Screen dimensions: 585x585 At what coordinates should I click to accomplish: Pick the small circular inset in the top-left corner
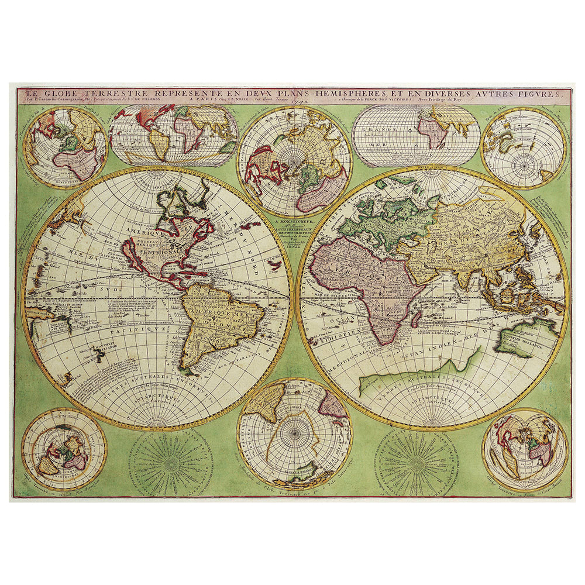coord(64,146)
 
